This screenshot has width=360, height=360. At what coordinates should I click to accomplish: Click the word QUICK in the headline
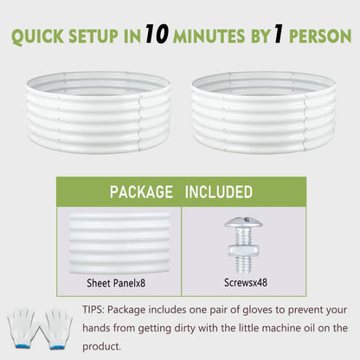37,36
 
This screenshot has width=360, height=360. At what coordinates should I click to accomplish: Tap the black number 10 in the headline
157,34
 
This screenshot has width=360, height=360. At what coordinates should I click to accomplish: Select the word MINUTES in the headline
209,36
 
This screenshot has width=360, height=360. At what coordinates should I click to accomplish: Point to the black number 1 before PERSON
279,34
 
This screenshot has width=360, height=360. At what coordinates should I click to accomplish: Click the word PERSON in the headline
320,36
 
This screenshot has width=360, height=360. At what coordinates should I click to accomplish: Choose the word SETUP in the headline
93,36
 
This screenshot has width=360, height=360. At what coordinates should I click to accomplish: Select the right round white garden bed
263,112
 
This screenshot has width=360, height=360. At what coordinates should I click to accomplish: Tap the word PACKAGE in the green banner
141,192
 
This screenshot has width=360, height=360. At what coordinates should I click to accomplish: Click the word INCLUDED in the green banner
219,192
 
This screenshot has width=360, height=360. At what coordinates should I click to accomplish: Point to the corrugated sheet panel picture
119,243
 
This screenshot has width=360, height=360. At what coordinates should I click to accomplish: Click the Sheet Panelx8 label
116,283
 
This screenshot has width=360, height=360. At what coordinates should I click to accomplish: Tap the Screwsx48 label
246,282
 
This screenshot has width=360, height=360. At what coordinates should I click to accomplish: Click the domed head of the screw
244,222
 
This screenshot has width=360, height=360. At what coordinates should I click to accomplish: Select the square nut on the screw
244,251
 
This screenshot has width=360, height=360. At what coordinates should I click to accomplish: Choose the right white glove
57,329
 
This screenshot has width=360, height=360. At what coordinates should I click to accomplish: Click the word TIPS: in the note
93,310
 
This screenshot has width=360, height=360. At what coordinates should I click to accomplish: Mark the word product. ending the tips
101,346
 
